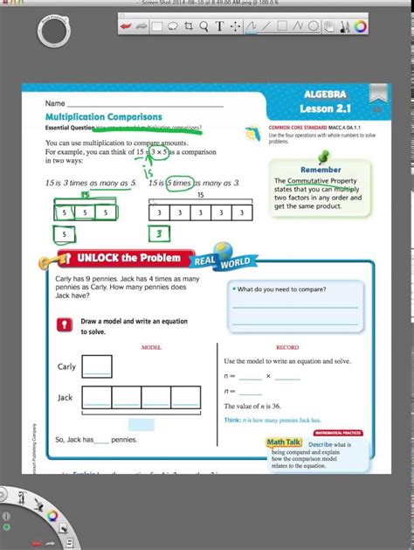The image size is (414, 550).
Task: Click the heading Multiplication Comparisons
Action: pos(104,116)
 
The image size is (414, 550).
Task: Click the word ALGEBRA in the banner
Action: pos(326,94)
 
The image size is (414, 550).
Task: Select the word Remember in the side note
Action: pos(321,170)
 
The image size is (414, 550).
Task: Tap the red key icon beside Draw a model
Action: pos(62,324)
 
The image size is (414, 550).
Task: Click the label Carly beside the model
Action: pos(66,366)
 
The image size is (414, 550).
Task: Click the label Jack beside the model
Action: pos(66,397)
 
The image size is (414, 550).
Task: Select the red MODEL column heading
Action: pos(151,347)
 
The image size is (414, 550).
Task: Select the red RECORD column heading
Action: pos(287,347)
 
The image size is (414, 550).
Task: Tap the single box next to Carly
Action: pos(98,366)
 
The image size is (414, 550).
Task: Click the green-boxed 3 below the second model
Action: pos(159,233)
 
